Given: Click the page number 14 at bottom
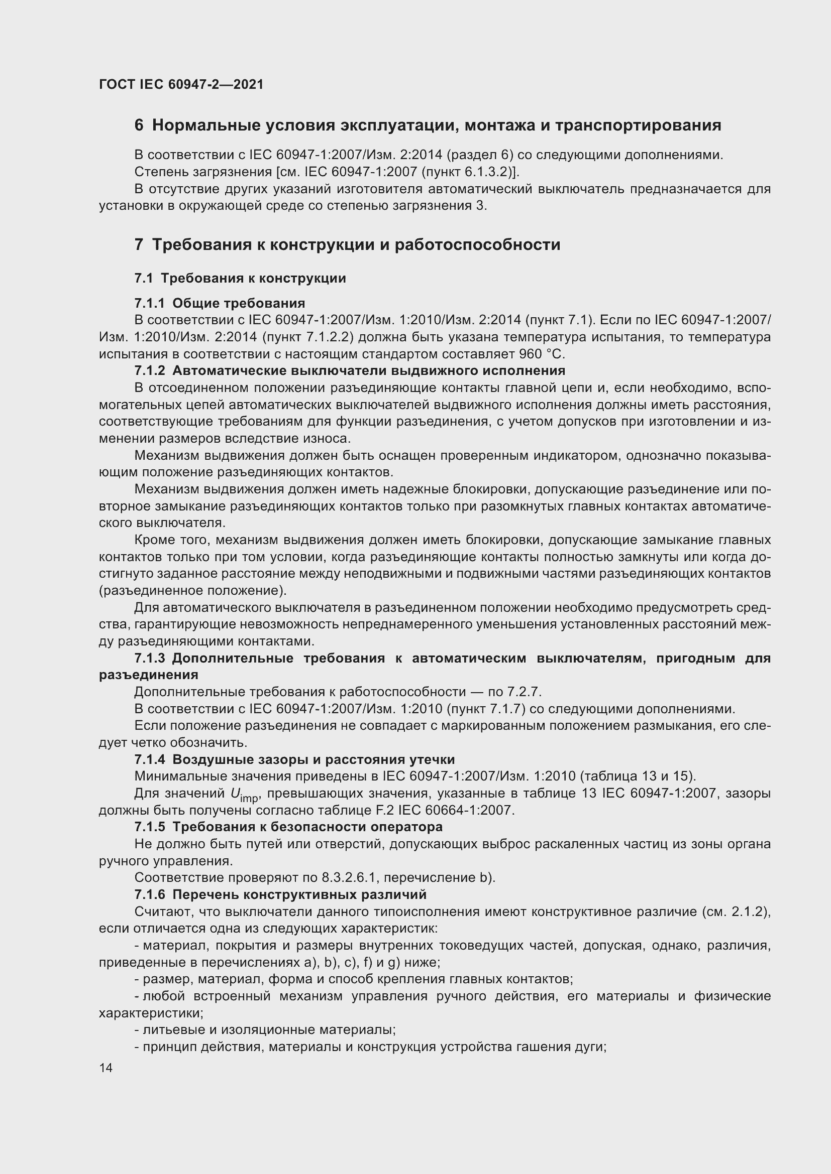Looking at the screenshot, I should click(x=106, y=1068).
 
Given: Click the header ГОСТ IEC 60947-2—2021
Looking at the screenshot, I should click(x=181, y=84).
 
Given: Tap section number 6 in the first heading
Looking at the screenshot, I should click(x=139, y=125).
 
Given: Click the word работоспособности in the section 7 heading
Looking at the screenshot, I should click(x=476, y=244).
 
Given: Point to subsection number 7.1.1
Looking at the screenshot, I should click(x=149, y=304).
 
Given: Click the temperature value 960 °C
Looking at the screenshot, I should click(x=542, y=354).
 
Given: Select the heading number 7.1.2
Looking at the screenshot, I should click(x=149, y=371).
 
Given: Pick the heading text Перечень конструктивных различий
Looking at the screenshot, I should click(x=299, y=895).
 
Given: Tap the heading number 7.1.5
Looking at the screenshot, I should click(x=149, y=827).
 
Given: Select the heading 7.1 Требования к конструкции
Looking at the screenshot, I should click(x=240, y=278).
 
